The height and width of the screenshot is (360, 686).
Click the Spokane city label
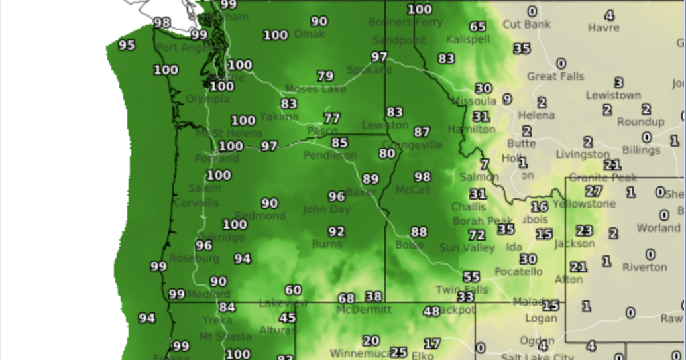[369, 69]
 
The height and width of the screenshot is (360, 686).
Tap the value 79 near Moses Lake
[325, 76]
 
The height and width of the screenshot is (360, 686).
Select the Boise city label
[409, 245]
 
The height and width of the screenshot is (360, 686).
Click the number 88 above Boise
[419, 232]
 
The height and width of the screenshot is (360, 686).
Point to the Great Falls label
[555, 76]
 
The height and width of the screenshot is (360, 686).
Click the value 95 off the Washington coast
[127, 45]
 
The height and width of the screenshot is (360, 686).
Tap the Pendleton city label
[329, 155]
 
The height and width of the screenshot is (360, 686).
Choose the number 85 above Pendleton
[339, 143]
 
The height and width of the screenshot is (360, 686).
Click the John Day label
[326, 210]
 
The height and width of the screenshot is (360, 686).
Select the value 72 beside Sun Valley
[477, 235]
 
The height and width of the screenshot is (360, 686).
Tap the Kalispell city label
[467, 40]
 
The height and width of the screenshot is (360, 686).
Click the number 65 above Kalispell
[478, 27]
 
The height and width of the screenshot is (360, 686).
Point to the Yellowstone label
[584, 204]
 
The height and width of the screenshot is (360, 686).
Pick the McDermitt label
[364, 310]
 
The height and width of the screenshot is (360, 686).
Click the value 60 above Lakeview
[293, 290]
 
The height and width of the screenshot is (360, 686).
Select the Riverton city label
[644, 267]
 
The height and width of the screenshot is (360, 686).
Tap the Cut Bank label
[526, 25]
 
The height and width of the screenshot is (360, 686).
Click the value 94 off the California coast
[146, 318]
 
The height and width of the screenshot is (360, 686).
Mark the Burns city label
[327, 244]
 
